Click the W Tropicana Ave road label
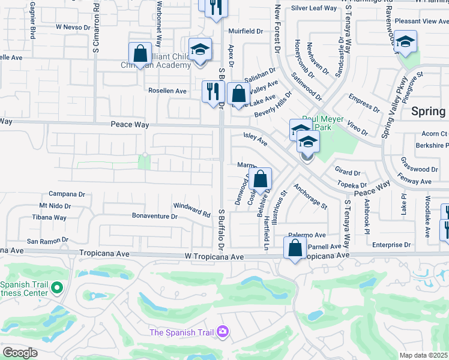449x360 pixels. pyautogui.click(x=215, y=257)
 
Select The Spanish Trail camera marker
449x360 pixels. pyautogui.click(x=223, y=331)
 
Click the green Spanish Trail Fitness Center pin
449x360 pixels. pyautogui.click(x=58, y=289)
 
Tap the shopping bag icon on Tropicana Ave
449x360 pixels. pyautogui.click(x=295, y=248)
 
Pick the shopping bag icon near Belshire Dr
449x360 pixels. pyautogui.click(x=261, y=179)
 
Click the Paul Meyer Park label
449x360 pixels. pyautogui.click(x=322, y=123)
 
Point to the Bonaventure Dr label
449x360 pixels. pyautogui.click(x=155, y=215)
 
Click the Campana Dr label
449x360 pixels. pyautogui.click(x=67, y=194)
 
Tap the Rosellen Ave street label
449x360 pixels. pyautogui.click(x=167, y=91)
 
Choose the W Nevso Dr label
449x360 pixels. pyautogui.click(x=71, y=27)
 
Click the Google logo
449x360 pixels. pyautogui.click(x=20, y=353)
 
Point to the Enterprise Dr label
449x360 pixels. pyautogui.click(x=391, y=245)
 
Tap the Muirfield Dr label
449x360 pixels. pyautogui.click(x=246, y=31)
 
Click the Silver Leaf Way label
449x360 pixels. pyautogui.click(x=314, y=8)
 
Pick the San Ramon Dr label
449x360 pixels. pyautogui.click(x=43, y=241)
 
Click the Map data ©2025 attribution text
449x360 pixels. pyautogui.click(x=423, y=355)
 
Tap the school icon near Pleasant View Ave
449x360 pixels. pyautogui.click(x=406, y=43)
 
